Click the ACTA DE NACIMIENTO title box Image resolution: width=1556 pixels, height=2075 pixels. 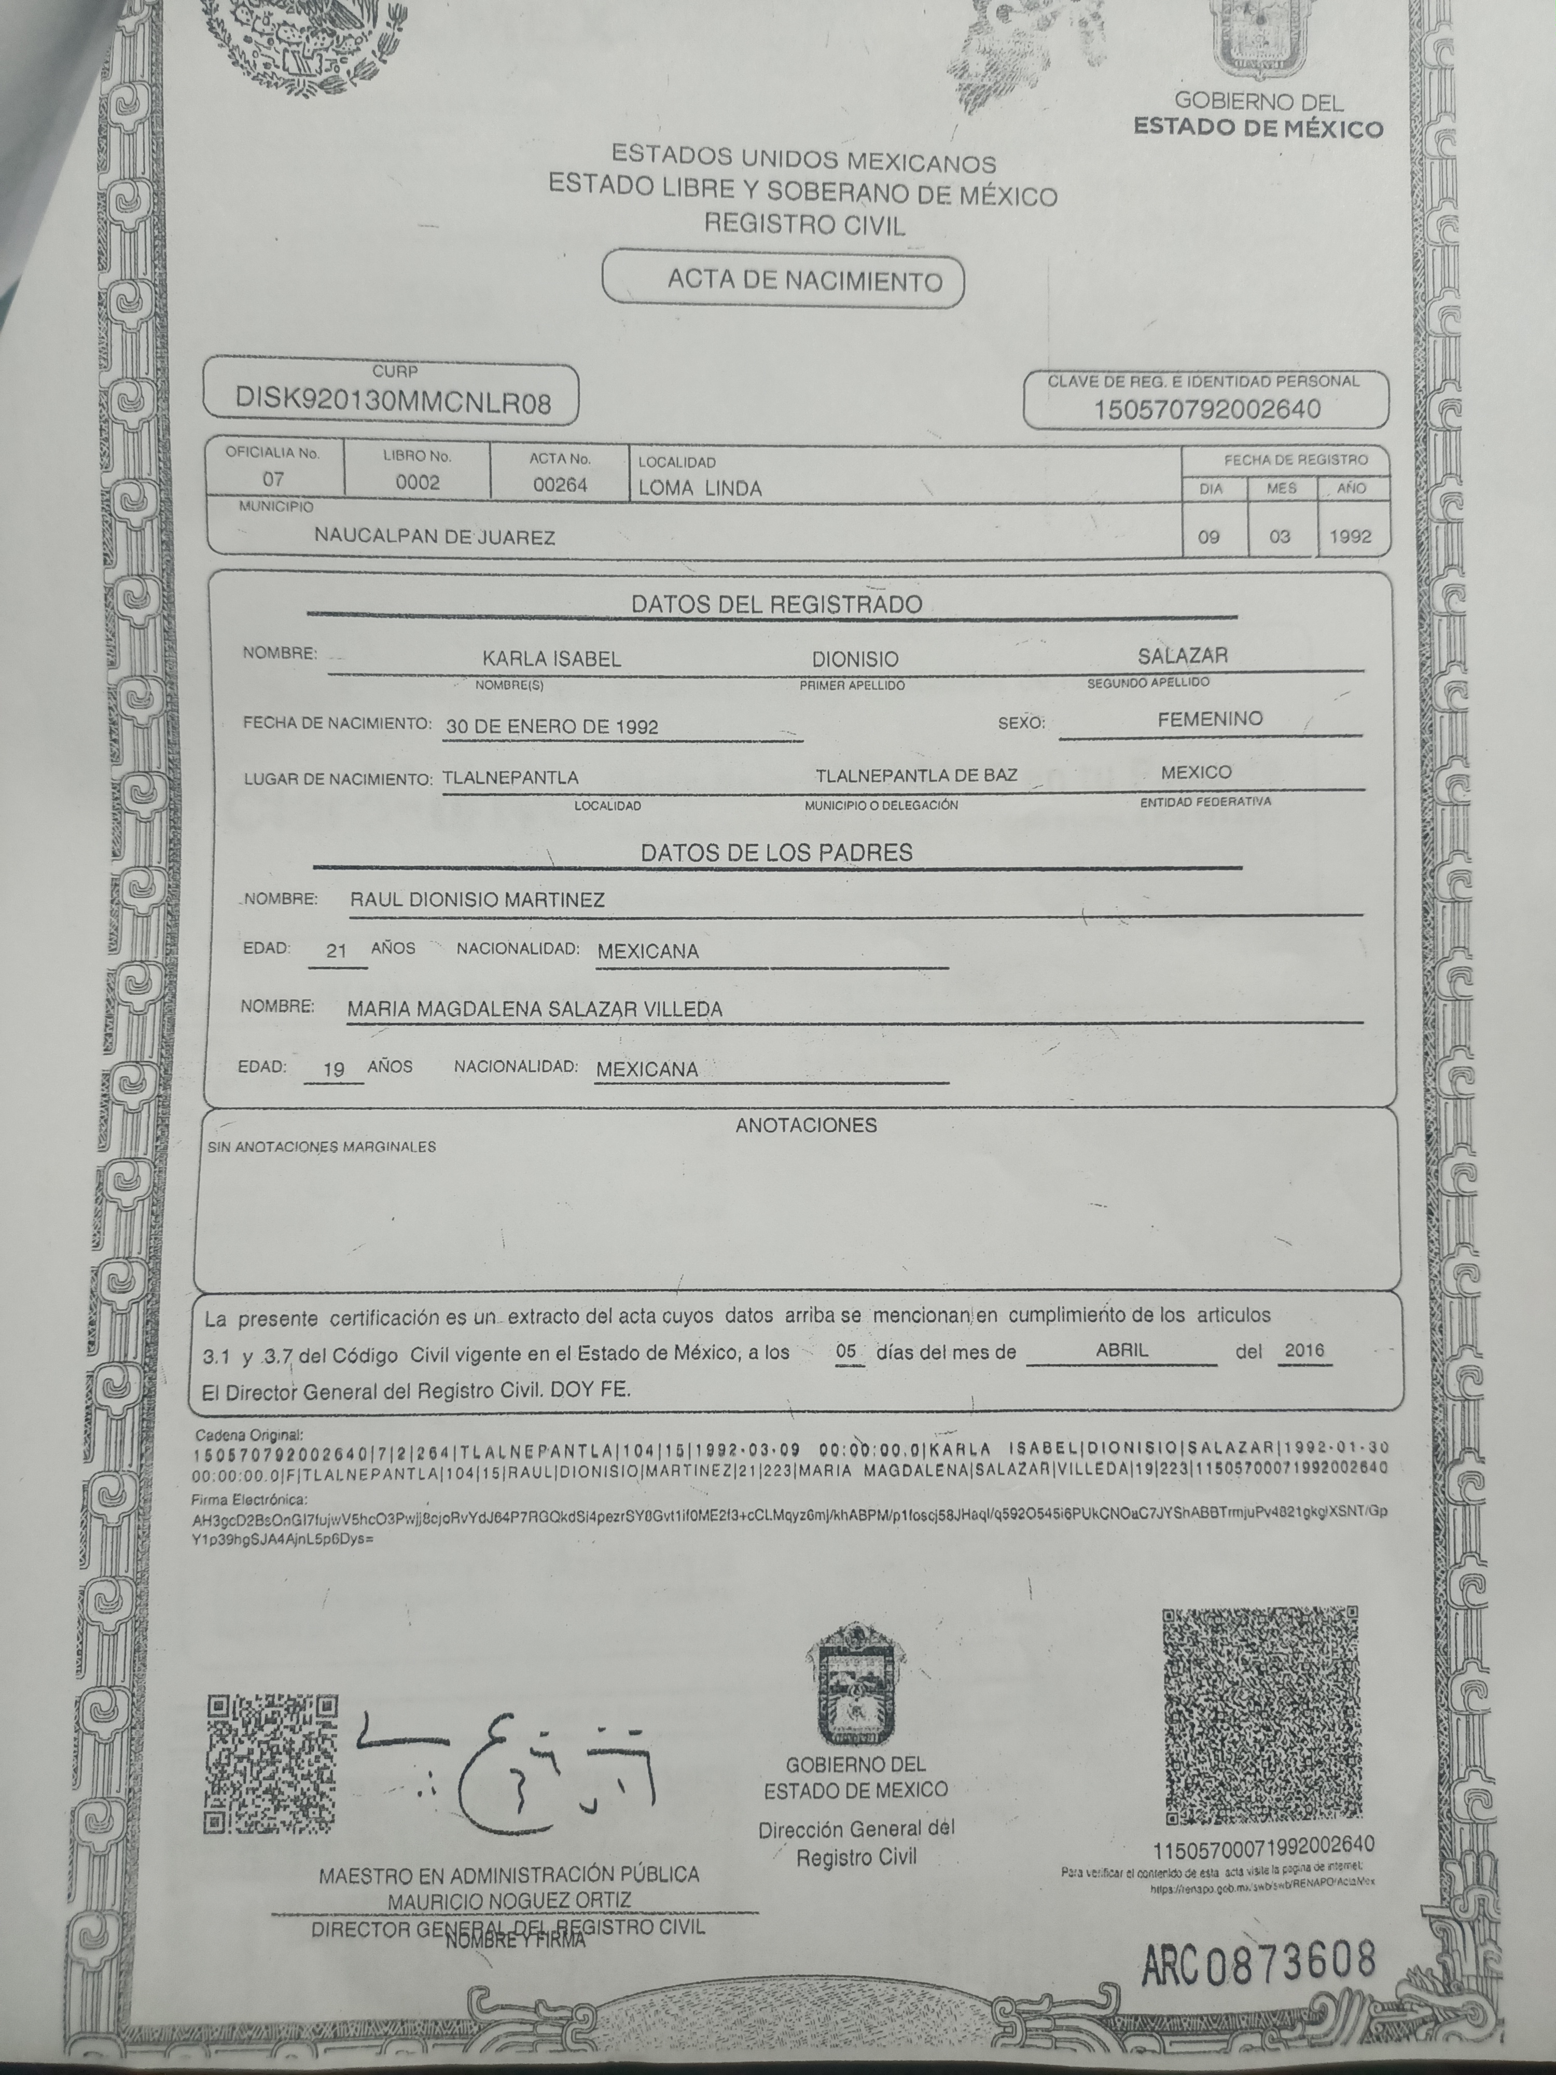coord(783,280)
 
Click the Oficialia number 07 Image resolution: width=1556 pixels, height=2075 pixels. coord(273,479)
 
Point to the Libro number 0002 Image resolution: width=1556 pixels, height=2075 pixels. coord(418,482)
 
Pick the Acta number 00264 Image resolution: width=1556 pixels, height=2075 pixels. coord(560,484)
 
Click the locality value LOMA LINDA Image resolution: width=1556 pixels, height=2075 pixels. coord(700,488)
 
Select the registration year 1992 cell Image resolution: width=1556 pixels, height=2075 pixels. coord(1351,536)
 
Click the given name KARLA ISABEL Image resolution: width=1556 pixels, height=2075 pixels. coord(551,658)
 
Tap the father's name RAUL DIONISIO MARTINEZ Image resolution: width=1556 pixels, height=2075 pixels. coord(477,900)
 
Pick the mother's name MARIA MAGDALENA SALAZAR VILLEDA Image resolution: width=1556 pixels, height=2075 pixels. coord(535,1009)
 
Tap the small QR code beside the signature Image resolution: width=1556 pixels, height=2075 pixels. coord(271,1764)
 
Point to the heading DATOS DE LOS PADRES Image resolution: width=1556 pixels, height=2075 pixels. coord(776,853)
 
